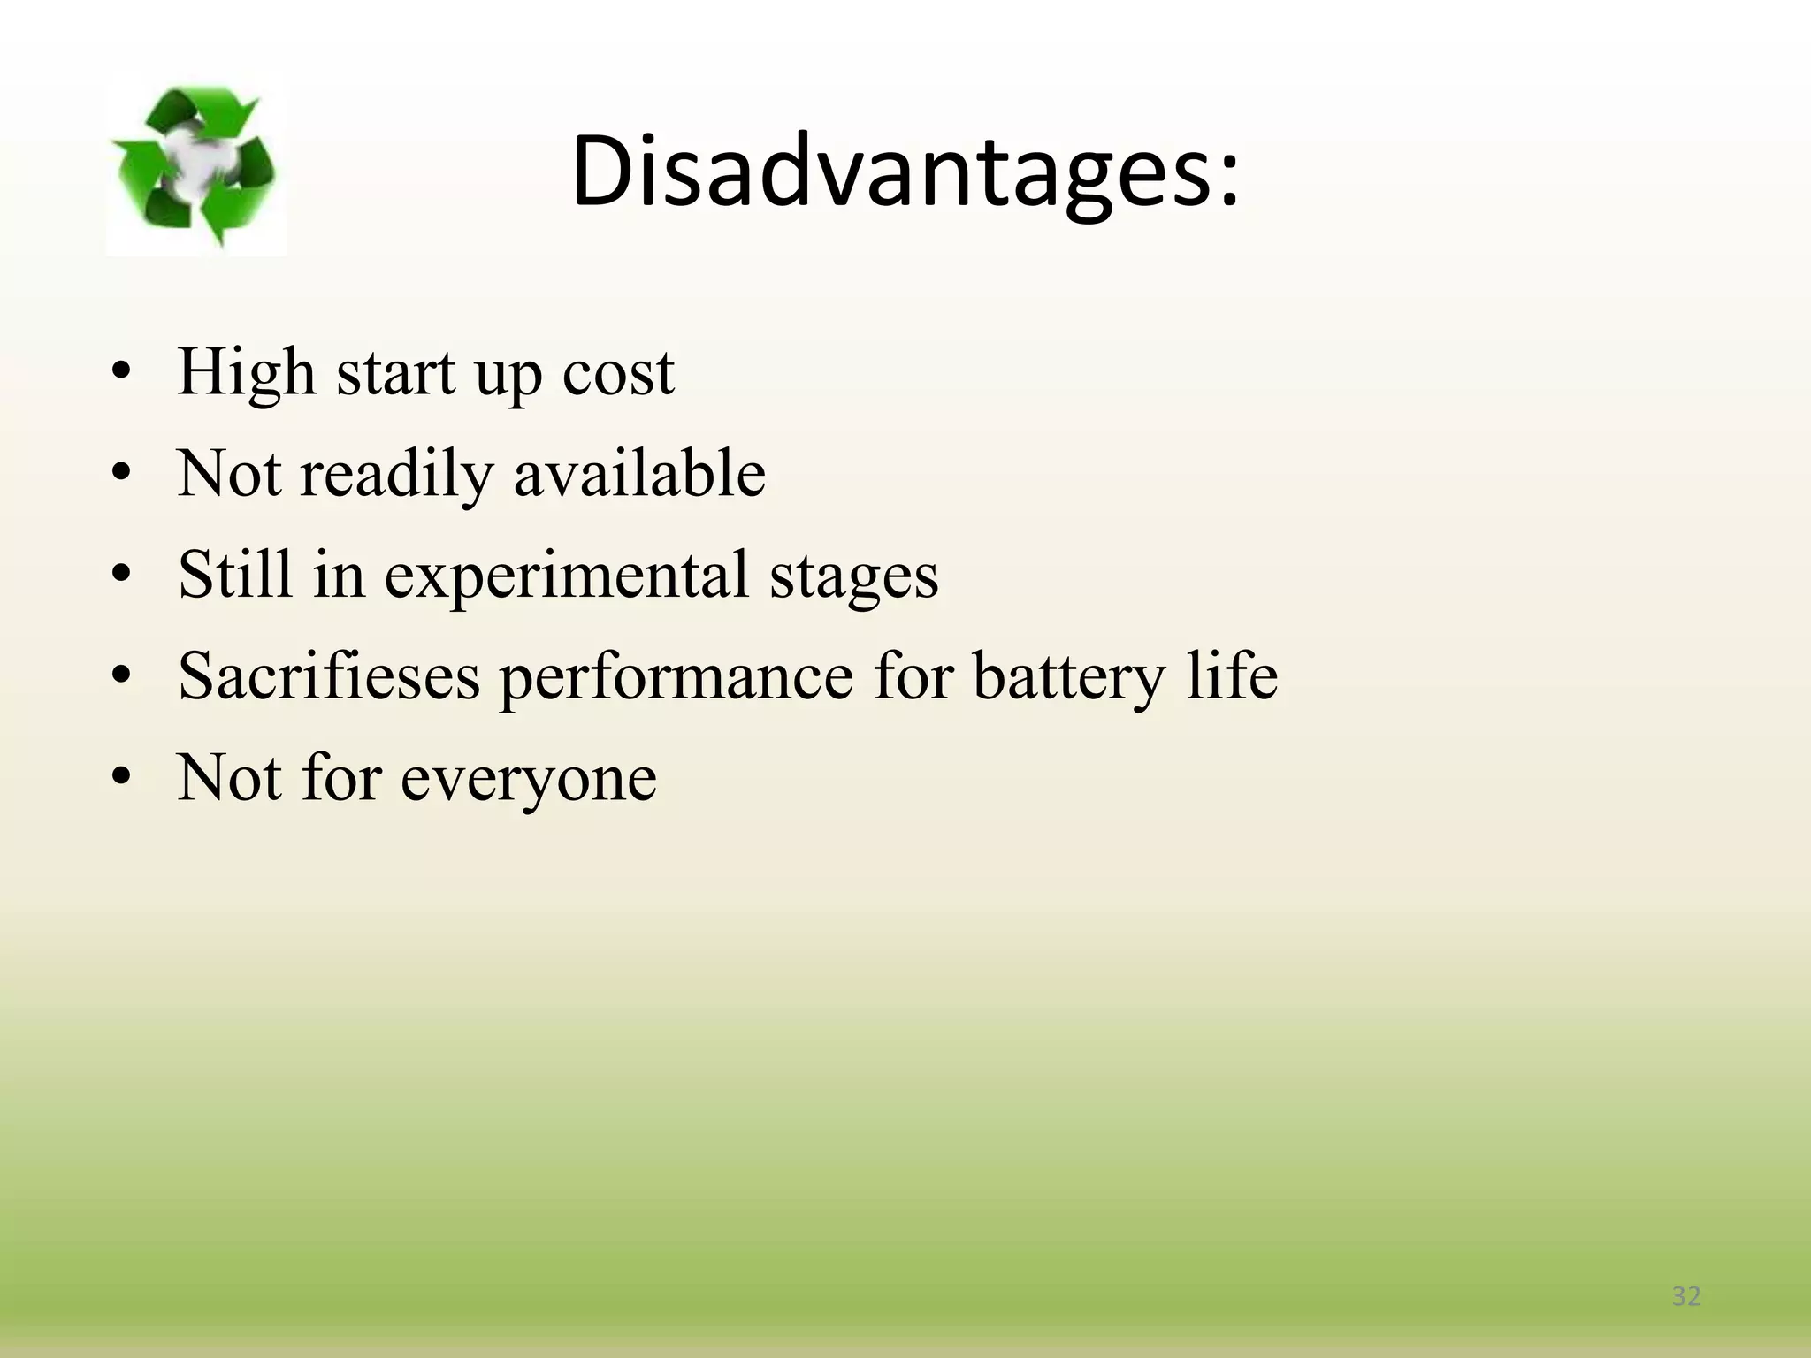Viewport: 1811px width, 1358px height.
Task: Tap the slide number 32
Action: (x=1686, y=1296)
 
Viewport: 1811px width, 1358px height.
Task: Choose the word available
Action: (x=639, y=473)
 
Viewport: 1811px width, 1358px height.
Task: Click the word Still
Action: (x=235, y=575)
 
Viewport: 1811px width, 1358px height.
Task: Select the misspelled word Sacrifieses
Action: (x=328, y=676)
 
